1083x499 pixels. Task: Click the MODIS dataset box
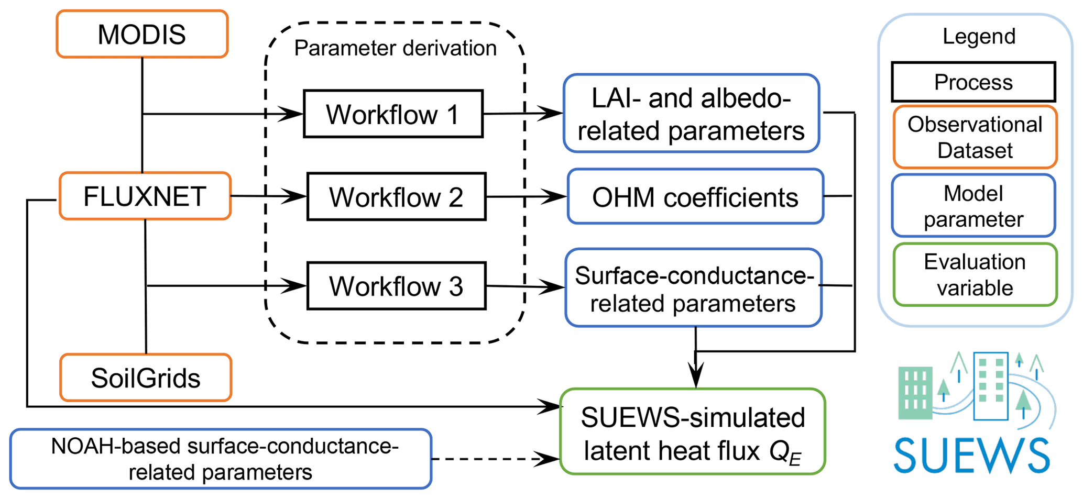tap(142, 34)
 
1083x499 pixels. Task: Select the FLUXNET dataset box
tap(145, 196)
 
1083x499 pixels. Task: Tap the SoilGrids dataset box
tap(146, 378)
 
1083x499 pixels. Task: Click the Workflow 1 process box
tap(393, 114)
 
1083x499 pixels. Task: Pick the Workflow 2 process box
tap(396, 197)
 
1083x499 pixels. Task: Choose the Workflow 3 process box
tap(396, 286)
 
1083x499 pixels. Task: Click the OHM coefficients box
tap(695, 197)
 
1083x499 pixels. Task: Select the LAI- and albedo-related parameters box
tap(691, 114)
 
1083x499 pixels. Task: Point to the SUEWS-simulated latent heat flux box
tap(693, 432)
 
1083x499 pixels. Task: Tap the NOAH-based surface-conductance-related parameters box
tap(221, 459)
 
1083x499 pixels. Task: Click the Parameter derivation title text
tap(395, 48)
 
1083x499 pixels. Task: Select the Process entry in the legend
tap(973, 82)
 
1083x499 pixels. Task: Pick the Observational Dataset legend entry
tap(975, 137)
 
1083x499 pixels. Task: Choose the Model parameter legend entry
tap(973, 206)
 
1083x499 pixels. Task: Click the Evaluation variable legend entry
tap(975, 274)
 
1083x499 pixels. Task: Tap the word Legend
tap(979, 36)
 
